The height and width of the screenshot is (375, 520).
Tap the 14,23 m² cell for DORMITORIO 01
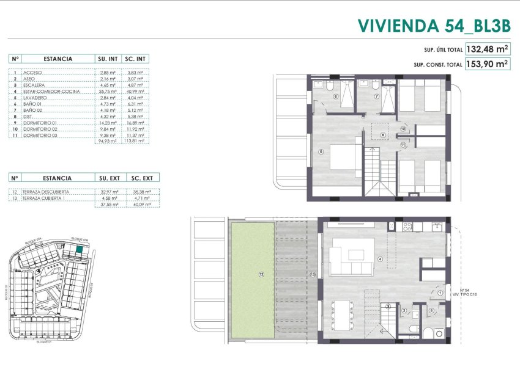(x=107, y=122)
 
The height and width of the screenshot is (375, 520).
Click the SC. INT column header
(x=135, y=59)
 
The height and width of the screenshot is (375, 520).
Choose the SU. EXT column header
(x=109, y=178)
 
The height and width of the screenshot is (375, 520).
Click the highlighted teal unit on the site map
(x=79, y=249)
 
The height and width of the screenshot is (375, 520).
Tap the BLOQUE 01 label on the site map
(x=42, y=342)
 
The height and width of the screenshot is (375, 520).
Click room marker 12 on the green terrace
(x=261, y=275)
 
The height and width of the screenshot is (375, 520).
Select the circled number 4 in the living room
(x=380, y=259)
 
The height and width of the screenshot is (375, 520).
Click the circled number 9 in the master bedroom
(x=321, y=151)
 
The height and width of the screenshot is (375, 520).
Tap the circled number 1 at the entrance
(x=440, y=294)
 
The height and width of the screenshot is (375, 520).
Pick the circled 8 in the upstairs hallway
(x=383, y=135)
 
